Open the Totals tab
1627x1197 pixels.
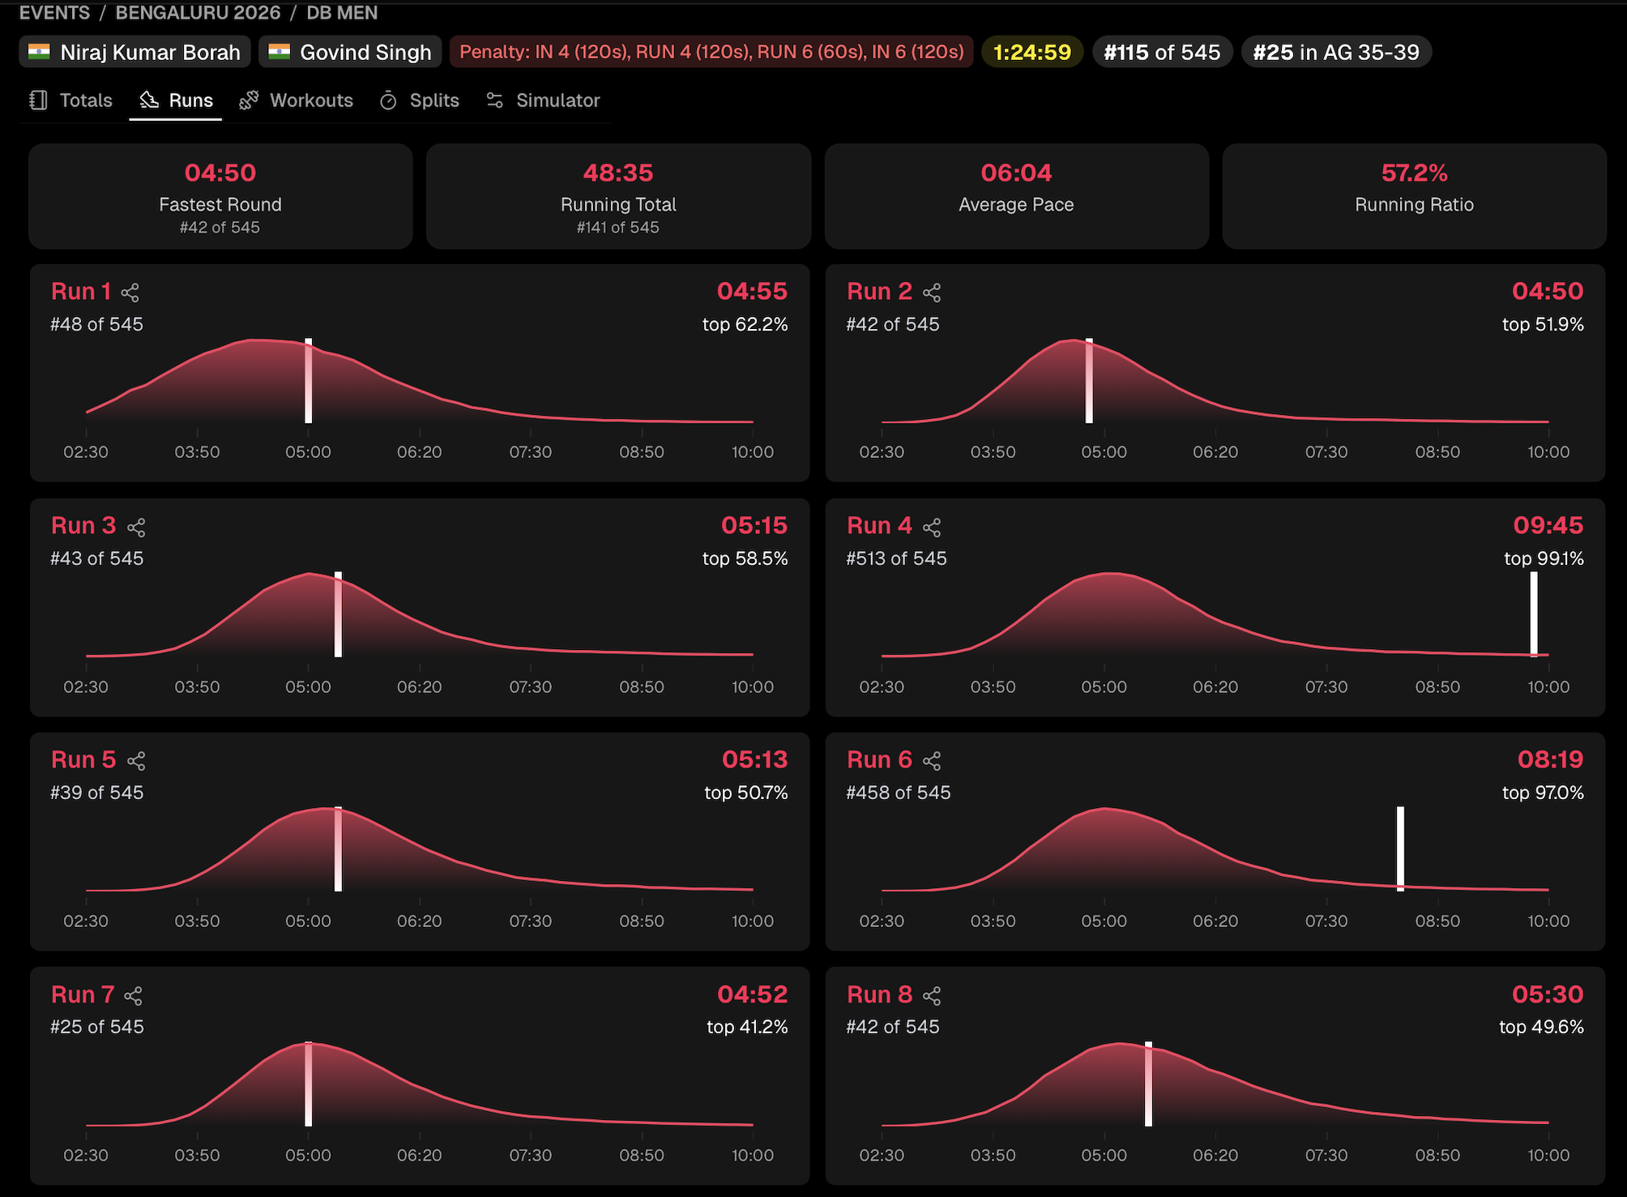[x=72, y=100]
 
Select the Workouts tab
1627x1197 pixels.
[x=297, y=100]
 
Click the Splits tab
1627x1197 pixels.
[x=420, y=100]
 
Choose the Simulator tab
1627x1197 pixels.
[x=543, y=100]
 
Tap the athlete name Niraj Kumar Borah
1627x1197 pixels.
[x=135, y=53]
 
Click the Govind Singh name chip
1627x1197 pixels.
[x=350, y=53]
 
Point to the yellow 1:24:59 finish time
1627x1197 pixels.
[x=1031, y=53]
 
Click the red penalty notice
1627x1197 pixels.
[x=711, y=53]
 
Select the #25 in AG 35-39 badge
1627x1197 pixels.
[x=1335, y=53]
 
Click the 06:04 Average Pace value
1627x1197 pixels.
[x=1016, y=173]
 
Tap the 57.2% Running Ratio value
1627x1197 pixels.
[x=1414, y=173]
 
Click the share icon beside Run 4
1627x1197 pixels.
[x=932, y=528]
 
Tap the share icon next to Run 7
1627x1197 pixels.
[x=134, y=996]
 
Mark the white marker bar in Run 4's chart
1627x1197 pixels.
[x=1533, y=613]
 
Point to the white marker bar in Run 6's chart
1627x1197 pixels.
[x=1400, y=848]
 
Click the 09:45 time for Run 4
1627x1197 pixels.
[x=1548, y=526]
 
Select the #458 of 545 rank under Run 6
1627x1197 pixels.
[x=898, y=793]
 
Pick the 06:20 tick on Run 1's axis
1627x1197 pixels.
[x=420, y=452]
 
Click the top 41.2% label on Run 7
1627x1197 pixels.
[x=746, y=1027]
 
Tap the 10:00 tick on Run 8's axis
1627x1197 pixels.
[x=1548, y=1156]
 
